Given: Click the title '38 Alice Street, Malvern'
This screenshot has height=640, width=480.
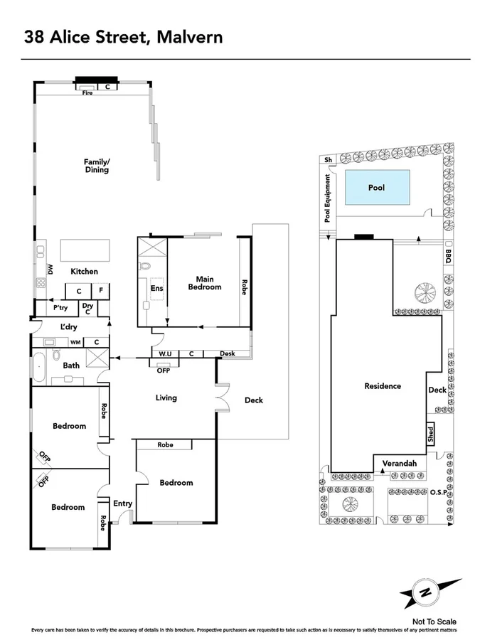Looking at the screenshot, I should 124,36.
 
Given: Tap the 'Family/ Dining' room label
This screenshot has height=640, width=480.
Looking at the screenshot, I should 97,166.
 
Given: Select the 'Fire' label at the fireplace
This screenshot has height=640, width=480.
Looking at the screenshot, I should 87,93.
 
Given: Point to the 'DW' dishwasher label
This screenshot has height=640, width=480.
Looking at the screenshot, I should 50,269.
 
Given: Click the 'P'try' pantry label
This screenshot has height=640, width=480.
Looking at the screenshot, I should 60,308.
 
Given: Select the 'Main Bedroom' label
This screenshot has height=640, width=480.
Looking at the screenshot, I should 204,282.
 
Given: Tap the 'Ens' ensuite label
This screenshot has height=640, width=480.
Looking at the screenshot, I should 156,288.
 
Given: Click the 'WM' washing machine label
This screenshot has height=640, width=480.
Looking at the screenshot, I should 75,342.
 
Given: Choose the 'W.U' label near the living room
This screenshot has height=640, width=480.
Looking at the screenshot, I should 164,353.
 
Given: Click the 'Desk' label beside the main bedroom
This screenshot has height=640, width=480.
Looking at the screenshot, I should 228,353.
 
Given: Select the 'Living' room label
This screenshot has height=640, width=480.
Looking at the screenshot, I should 166,398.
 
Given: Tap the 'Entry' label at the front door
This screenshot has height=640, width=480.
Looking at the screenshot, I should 122,503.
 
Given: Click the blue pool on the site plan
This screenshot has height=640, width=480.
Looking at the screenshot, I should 378,188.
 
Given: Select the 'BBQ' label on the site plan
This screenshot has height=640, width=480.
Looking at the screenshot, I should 448,256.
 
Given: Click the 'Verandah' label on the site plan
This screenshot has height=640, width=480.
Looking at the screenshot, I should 399,464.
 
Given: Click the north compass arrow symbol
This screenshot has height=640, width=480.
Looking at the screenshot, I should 425,593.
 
